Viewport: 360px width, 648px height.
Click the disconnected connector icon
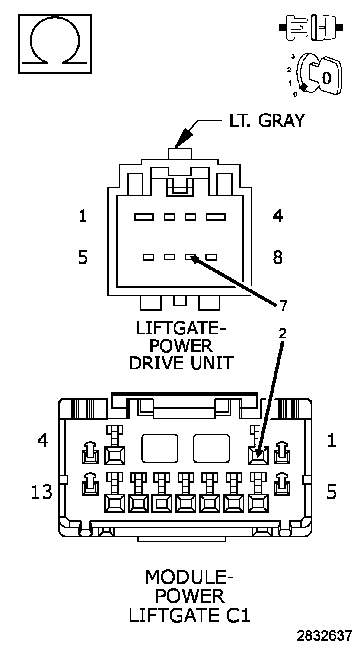pyautogui.click(x=311, y=27)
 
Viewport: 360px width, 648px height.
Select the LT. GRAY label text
pyautogui.click(x=267, y=121)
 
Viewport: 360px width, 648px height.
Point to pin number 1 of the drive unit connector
pyautogui.click(x=83, y=216)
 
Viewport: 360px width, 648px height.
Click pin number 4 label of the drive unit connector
pyautogui.click(x=278, y=216)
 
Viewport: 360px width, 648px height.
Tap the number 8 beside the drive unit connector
pyautogui.click(x=278, y=257)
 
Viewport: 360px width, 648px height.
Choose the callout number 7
pyautogui.click(x=283, y=306)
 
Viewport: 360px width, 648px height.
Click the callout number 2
pyautogui.click(x=282, y=333)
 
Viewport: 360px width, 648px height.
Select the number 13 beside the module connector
pyautogui.click(x=41, y=492)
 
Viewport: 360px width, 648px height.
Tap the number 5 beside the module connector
pyautogui.click(x=331, y=492)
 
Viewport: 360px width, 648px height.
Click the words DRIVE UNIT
pyautogui.click(x=181, y=363)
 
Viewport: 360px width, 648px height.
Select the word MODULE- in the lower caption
pyautogui.click(x=189, y=577)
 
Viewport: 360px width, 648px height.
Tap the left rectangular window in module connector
pyautogui.click(x=160, y=448)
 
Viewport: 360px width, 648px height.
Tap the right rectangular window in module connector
pyautogui.click(x=211, y=448)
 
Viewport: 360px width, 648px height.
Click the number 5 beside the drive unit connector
pyautogui.click(x=83, y=257)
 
